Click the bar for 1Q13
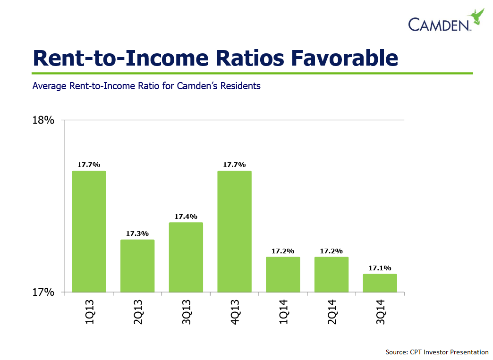[x=89, y=231]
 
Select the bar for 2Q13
[x=137, y=266]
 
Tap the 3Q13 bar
[x=186, y=257]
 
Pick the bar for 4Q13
[x=234, y=231]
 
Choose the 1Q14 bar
[x=283, y=274]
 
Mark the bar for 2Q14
[x=331, y=274]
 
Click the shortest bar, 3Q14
[x=380, y=283]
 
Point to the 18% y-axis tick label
[x=43, y=120]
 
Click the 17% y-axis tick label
[x=43, y=293]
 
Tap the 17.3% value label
[x=137, y=234]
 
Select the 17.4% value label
[x=186, y=217]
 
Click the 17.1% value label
[x=380, y=268]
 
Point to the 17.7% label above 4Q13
[x=234, y=165]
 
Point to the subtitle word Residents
[x=241, y=86]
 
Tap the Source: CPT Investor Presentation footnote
[x=437, y=352]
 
